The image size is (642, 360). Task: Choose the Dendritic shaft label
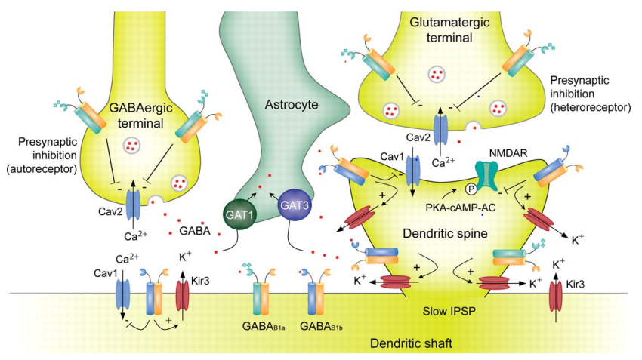(x=410, y=344)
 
